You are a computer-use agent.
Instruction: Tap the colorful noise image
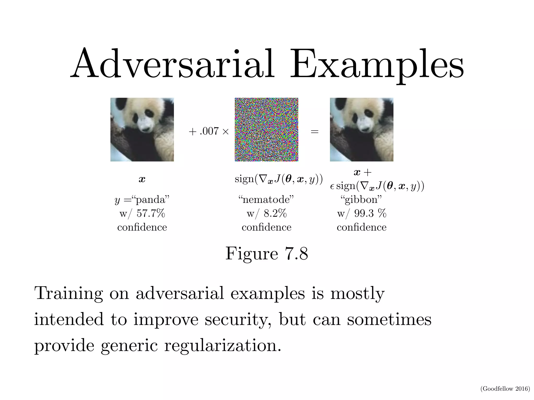266,129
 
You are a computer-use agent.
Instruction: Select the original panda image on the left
142,129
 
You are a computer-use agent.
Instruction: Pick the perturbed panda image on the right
361,129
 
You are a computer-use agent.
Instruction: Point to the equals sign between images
314,132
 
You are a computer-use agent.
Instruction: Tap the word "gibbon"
361,200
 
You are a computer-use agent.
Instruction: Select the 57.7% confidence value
151,214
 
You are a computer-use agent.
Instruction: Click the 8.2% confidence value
275,214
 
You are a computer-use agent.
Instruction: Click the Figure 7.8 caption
266,253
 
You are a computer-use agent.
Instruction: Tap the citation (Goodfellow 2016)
505,389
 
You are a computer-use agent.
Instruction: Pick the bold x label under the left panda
142,179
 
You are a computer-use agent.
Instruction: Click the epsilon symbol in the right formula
332,186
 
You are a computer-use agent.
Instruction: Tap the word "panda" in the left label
151,200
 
